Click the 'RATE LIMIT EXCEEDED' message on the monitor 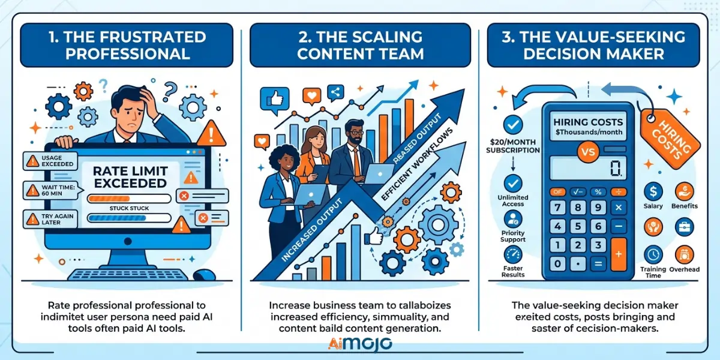(x=130, y=177)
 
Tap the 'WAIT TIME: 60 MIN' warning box (x=51, y=190)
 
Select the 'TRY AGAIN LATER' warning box (x=50, y=219)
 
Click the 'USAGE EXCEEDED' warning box (x=50, y=161)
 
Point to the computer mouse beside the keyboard (x=204, y=275)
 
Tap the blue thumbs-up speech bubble (x=275, y=101)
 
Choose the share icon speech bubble (x=335, y=93)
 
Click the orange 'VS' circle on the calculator (x=588, y=152)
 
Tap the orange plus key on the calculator (x=619, y=254)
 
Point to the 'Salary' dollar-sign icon (x=653, y=191)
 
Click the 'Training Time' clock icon (x=653, y=255)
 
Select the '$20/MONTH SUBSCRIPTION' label (x=512, y=146)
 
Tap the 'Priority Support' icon (x=512, y=219)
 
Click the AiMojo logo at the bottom (x=360, y=344)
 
